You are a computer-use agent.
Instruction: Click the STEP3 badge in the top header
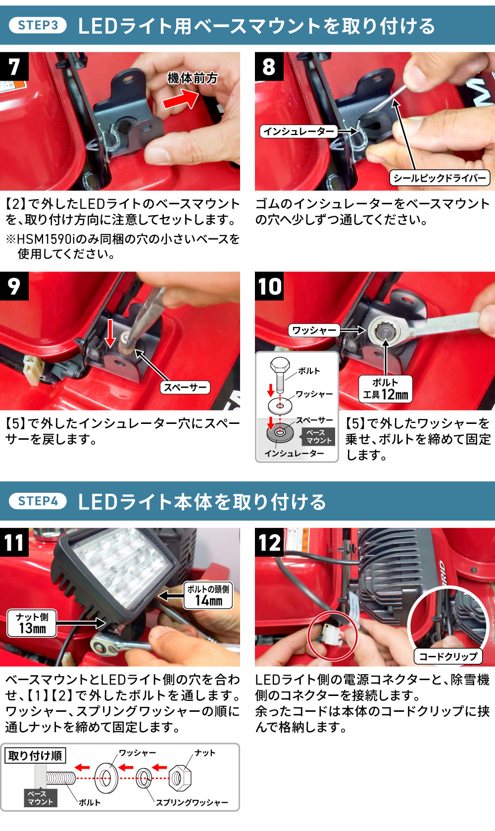tap(38, 25)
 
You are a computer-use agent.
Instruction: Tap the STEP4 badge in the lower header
tap(38, 501)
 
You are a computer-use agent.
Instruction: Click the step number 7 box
tap(14, 66)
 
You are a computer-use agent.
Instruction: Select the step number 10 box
tap(269, 286)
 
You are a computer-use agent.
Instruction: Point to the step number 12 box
tap(269, 542)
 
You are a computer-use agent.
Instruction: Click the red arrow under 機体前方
tap(181, 100)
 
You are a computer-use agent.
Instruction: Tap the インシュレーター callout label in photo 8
tap(298, 132)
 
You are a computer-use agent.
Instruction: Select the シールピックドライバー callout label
tap(440, 178)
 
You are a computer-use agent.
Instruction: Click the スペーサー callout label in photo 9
tap(185, 387)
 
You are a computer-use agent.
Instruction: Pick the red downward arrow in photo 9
tap(109, 332)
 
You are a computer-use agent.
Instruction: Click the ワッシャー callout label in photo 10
tap(314, 330)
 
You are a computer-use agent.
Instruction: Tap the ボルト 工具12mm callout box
tap(386, 389)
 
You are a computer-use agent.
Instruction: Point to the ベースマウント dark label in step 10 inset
tap(319, 437)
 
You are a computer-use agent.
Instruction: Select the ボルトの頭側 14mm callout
tap(208, 595)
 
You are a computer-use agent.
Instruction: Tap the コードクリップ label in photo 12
tap(448, 656)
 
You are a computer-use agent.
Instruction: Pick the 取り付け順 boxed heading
tap(35, 756)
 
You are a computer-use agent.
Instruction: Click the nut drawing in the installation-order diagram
tap(180, 778)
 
